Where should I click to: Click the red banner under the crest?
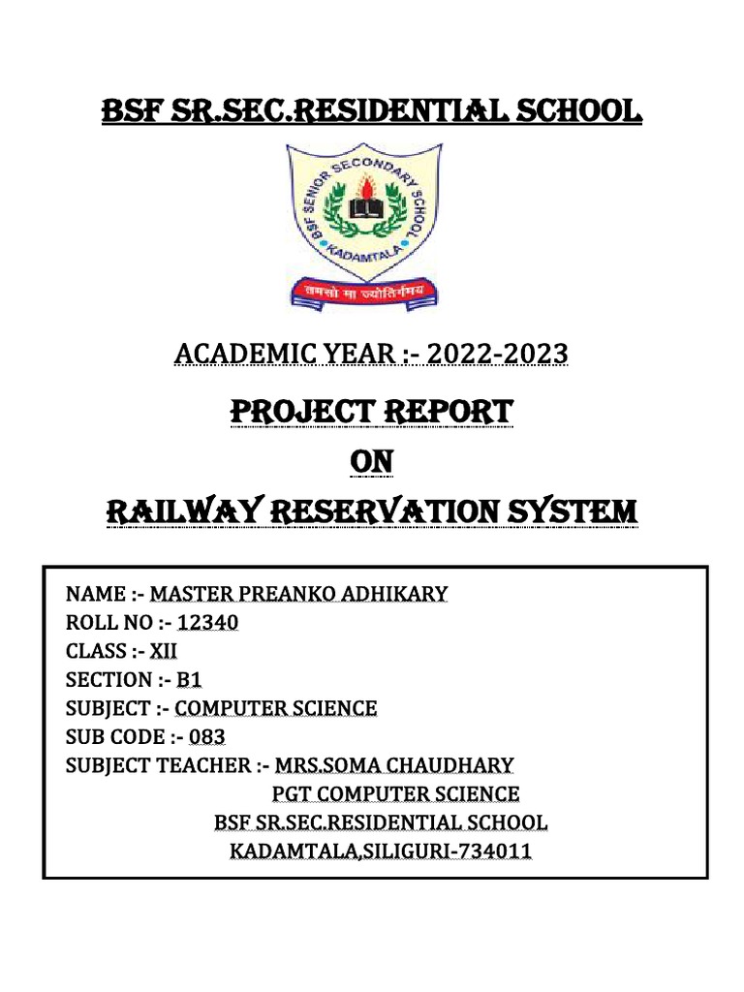point(362,291)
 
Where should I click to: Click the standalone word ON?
point(371,463)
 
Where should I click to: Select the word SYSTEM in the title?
point(571,511)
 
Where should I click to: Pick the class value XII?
point(162,651)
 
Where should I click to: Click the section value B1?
point(189,680)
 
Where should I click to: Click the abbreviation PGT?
point(287,794)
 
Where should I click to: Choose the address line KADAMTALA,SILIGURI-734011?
point(381,852)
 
